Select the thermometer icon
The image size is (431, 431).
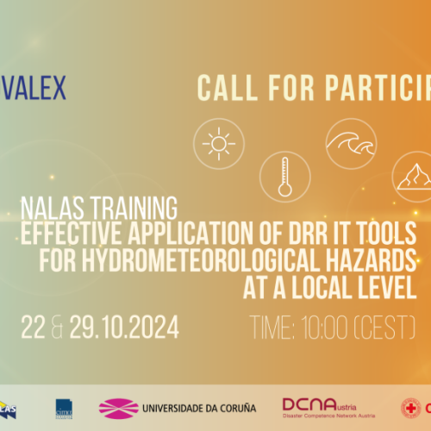pos(284,176)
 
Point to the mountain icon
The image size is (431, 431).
pos(413,177)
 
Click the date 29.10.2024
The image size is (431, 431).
pos(128,327)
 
